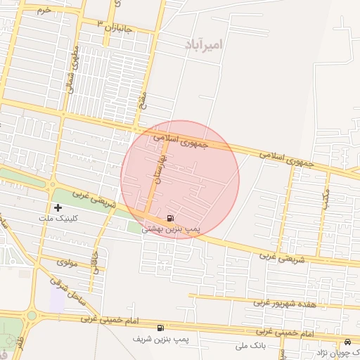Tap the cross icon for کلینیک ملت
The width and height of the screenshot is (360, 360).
point(58,207)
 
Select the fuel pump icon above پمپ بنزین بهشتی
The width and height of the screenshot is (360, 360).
point(172,218)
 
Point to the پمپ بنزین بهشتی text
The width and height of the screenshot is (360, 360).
point(172,229)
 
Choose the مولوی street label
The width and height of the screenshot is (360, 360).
point(66,262)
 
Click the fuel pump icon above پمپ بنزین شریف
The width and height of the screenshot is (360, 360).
point(161,328)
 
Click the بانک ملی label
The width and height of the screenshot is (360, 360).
point(250,346)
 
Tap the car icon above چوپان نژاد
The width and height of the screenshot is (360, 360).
point(347,341)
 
